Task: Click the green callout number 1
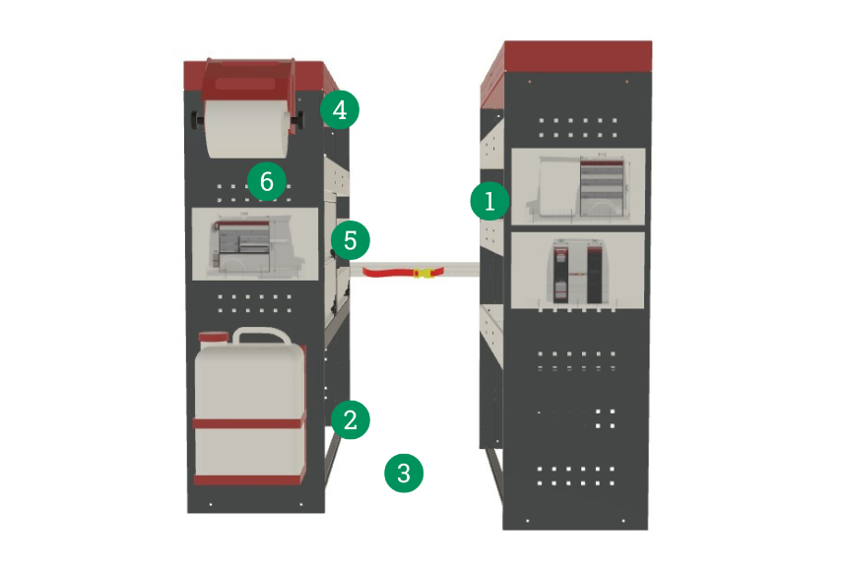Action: click(489, 201)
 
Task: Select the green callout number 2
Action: click(350, 419)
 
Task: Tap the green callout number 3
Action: click(404, 474)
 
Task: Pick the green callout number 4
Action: click(339, 109)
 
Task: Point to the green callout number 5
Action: click(350, 240)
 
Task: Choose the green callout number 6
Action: click(266, 181)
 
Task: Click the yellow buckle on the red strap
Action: click(424, 274)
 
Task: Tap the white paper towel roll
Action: click(246, 129)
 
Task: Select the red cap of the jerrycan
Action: click(214, 338)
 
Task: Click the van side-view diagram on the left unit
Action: click(255, 244)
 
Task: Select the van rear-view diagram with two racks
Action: click(577, 271)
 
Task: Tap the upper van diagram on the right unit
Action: click(578, 186)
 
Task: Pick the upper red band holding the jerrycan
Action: click(249, 423)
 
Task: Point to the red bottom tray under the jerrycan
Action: click(249, 479)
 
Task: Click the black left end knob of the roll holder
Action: click(197, 120)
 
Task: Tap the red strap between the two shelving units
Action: click(404, 271)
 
